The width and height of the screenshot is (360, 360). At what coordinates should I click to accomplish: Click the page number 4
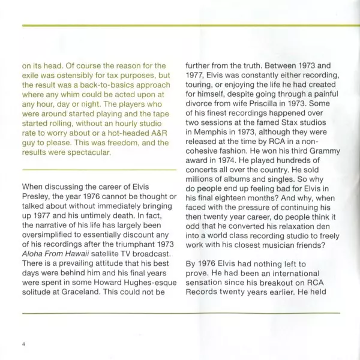click(23, 344)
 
